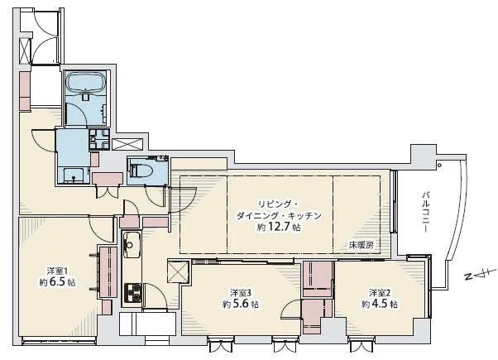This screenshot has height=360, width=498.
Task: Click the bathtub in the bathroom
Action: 86,82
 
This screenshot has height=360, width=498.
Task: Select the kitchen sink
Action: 132,245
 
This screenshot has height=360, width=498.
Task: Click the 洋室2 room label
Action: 380,292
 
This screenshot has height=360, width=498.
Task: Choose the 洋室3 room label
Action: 241,292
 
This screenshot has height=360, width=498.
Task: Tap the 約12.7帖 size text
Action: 279,228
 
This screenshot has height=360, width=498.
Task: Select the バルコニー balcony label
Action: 425,212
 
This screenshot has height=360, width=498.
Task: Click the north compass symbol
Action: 481,275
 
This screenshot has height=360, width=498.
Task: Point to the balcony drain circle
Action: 439,166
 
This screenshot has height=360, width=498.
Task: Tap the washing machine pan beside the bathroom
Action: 99,139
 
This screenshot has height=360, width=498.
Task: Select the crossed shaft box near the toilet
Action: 127,145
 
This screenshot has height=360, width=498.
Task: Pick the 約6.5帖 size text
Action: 57,282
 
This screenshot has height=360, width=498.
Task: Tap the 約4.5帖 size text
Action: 380,304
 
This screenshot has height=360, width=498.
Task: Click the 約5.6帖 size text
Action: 241,304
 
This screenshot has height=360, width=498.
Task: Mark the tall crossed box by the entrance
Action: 26,50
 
